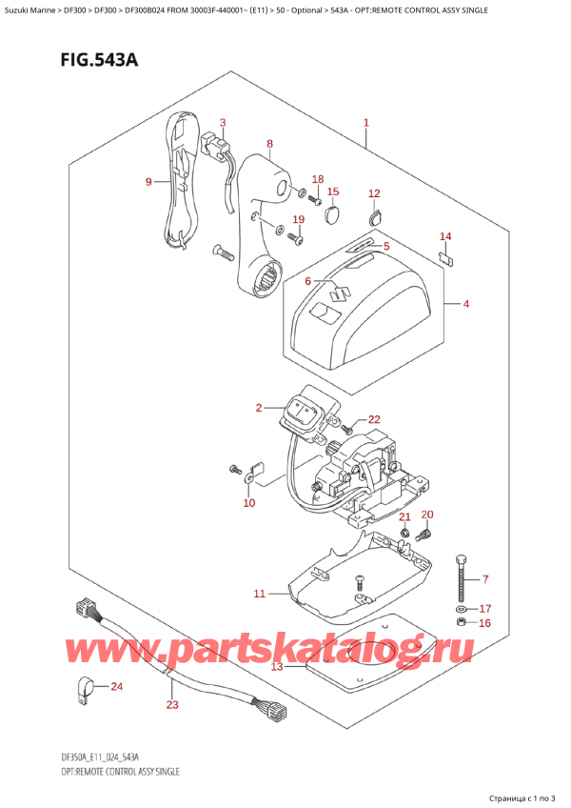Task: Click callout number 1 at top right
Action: (x=366, y=123)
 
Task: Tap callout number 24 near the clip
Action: (x=118, y=686)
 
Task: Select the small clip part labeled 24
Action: (x=85, y=685)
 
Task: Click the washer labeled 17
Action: (x=462, y=607)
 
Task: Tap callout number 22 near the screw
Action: (x=373, y=419)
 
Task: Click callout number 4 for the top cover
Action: (x=466, y=305)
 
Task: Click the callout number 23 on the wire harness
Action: (x=171, y=706)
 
